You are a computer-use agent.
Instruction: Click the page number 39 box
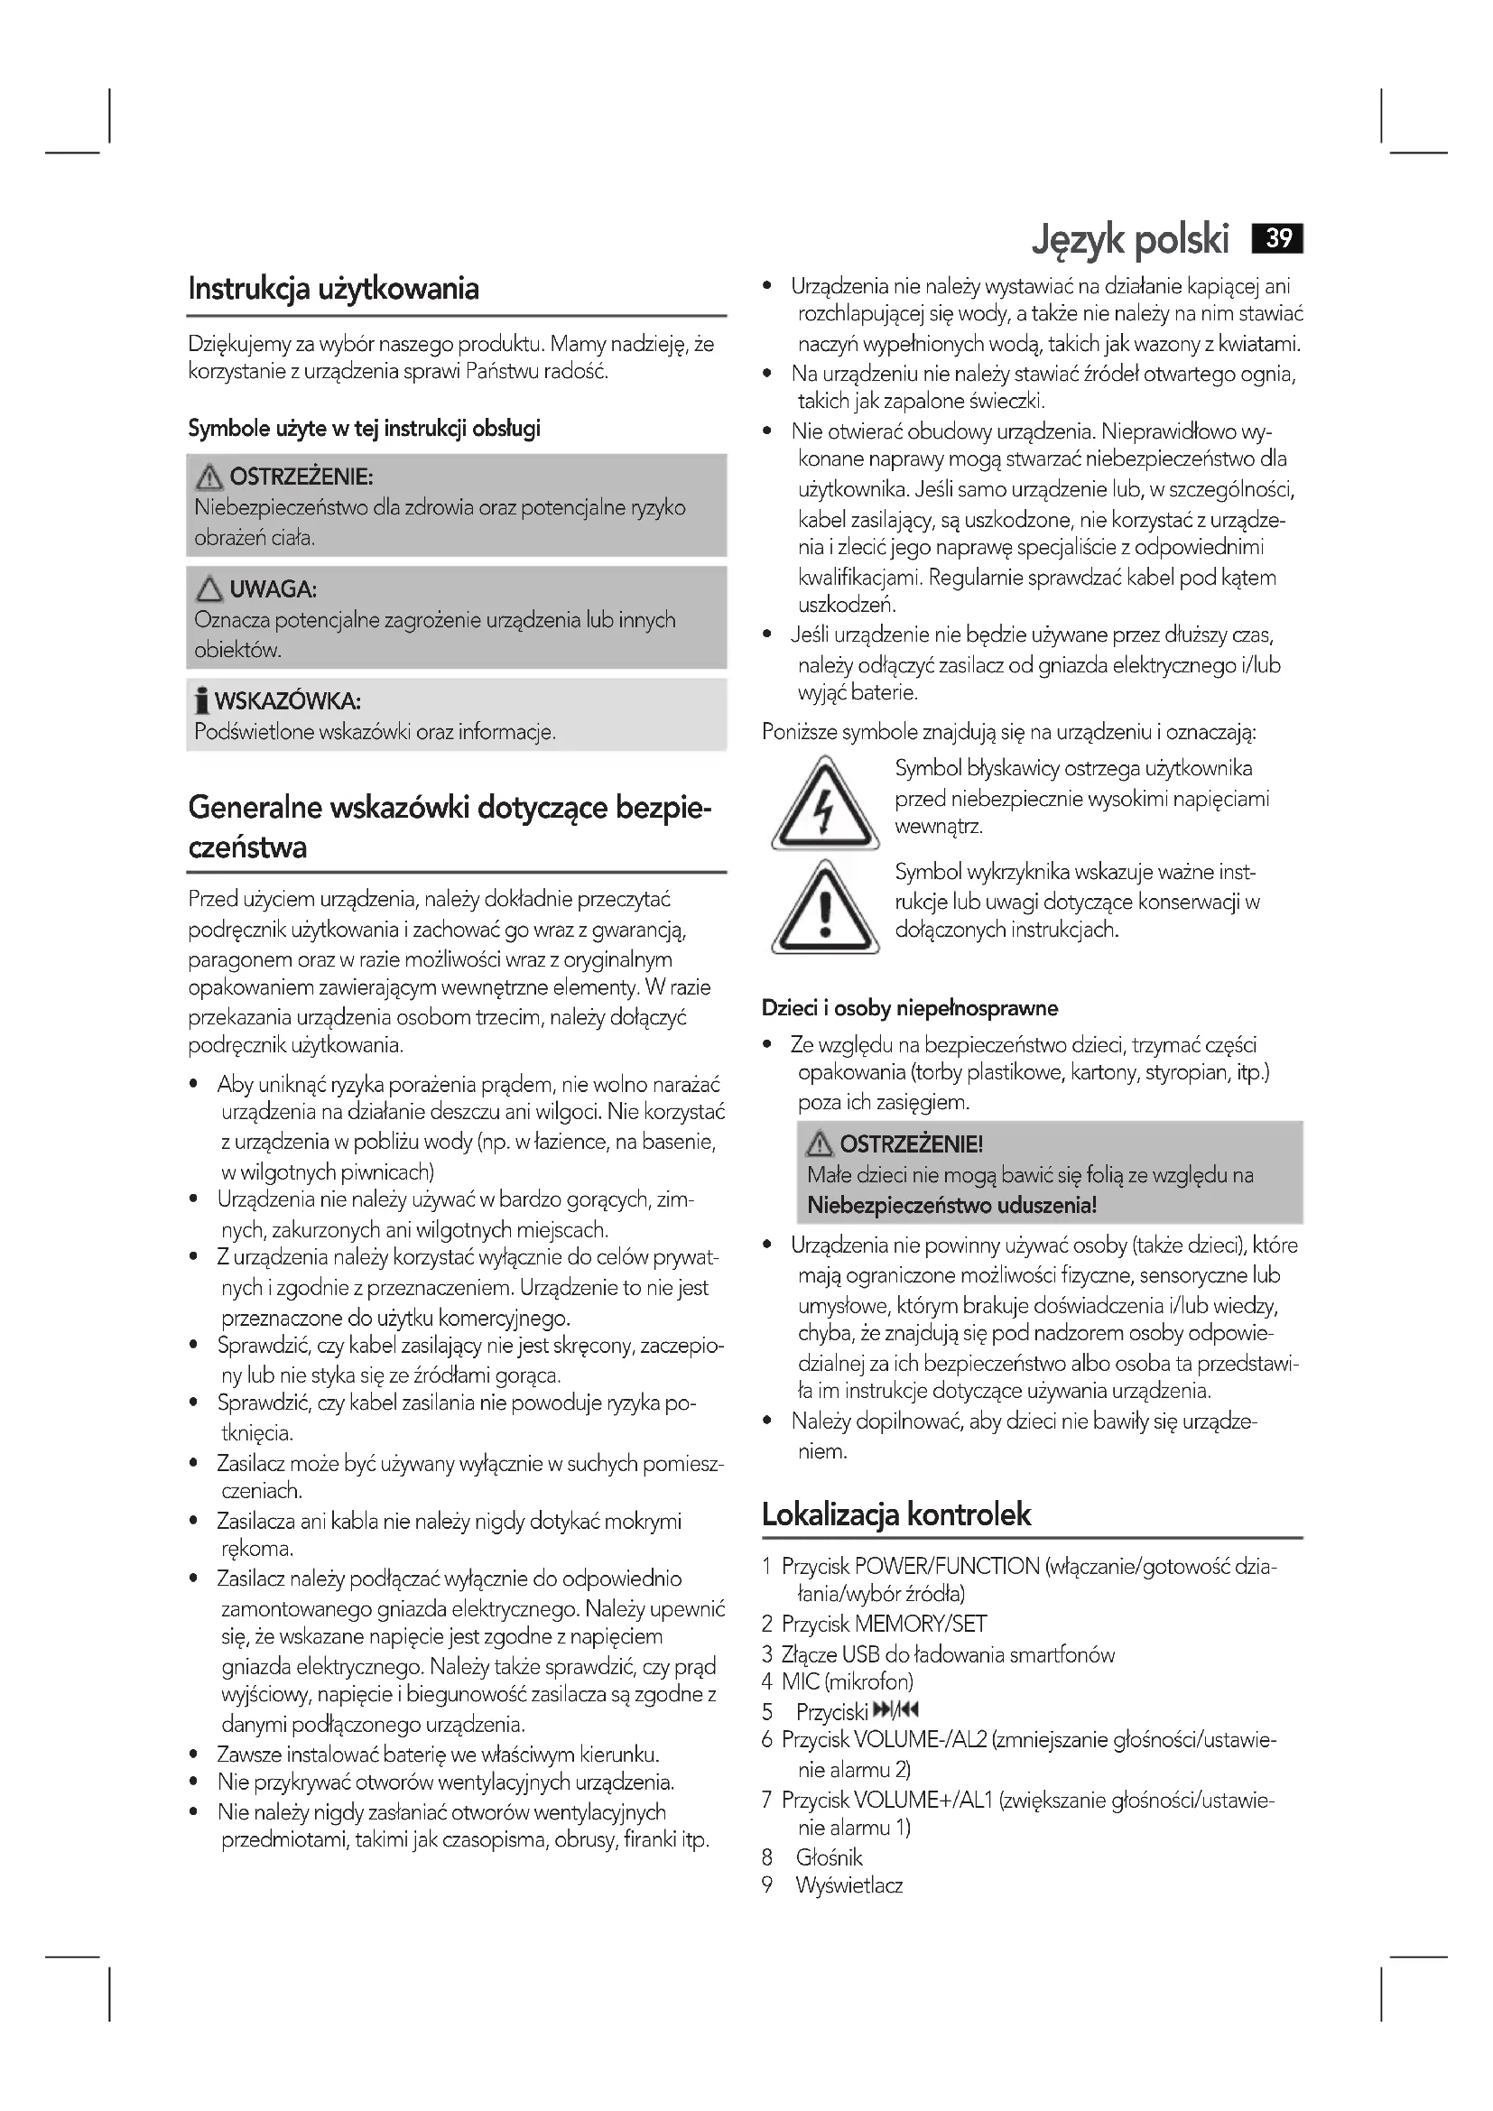click(x=1278, y=239)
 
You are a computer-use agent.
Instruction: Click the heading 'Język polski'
click(x=1130, y=240)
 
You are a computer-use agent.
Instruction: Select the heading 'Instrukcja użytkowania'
click(x=334, y=289)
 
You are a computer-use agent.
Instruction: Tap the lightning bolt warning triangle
click(x=825, y=803)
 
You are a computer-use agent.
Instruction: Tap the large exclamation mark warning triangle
click(x=825, y=907)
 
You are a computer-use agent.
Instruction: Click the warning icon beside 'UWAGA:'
click(x=209, y=588)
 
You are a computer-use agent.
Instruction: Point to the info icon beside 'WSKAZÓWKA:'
click(x=201, y=701)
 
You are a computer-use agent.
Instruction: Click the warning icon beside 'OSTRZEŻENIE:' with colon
click(x=209, y=477)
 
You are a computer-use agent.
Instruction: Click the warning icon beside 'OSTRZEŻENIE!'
click(x=819, y=1143)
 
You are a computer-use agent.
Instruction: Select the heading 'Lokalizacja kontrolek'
click(x=896, y=1514)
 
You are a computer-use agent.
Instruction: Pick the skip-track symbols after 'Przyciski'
click(x=895, y=1709)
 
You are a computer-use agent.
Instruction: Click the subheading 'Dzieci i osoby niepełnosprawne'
click(x=909, y=1009)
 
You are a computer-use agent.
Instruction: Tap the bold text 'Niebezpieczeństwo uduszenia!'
click(x=951, y=1205)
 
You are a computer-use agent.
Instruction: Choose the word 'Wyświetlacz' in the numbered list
click(x=849, y=1885)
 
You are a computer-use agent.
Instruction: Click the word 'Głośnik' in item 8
click(x=830, y=1857)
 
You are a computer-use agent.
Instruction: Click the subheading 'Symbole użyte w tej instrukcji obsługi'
click(x=364, y=429)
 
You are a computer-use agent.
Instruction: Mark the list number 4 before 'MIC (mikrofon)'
click(x=766, y=1681)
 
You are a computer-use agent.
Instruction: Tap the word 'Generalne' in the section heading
click(x=255, y=807)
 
